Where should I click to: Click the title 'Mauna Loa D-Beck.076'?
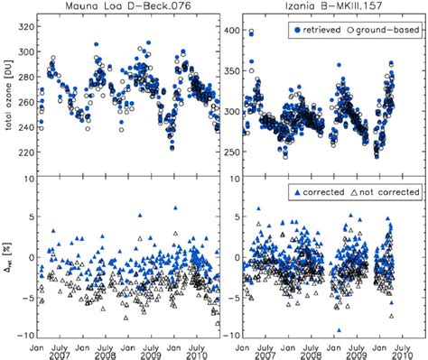point(128,6)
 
